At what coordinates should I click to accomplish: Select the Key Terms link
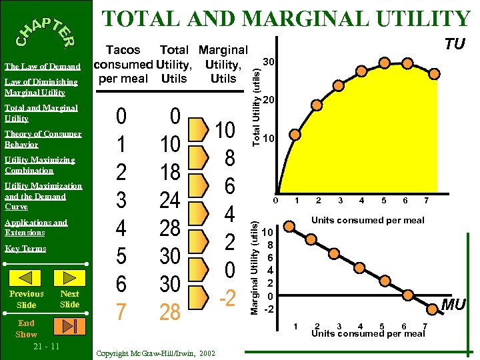25,248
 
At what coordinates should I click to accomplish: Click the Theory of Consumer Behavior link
42,139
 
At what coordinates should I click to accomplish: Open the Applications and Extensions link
35,227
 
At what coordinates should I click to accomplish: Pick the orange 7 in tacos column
121,311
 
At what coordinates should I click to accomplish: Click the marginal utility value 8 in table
229,158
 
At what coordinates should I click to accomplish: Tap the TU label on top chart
455,45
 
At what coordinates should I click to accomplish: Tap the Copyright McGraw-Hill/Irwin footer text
155,353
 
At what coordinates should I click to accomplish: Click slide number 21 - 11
45,347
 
